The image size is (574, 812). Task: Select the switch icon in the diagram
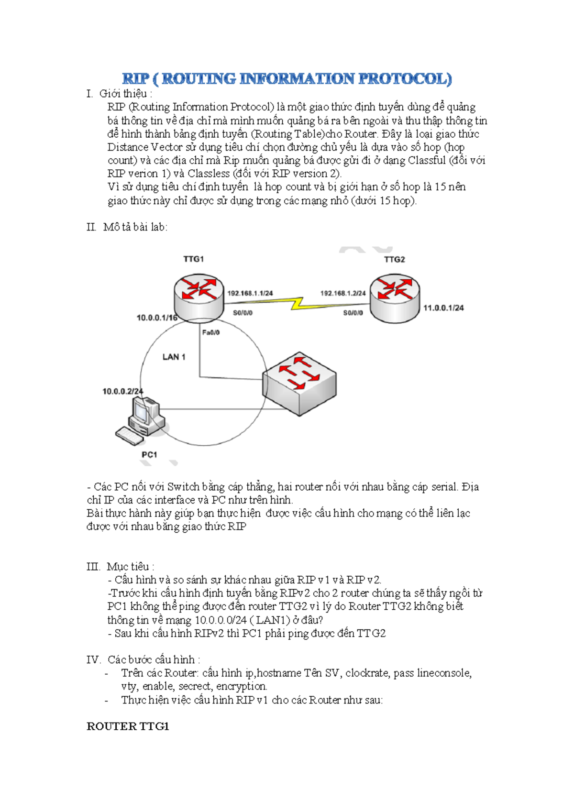click(299, 385)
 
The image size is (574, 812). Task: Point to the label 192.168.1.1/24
click(250, 293)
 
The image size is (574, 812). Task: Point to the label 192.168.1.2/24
click(343, 293)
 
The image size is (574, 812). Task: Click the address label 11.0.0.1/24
click(443, 308)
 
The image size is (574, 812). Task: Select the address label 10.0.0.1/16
click(157, 318)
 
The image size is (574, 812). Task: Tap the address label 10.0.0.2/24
click(123, 391)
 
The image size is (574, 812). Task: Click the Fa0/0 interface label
click(211, 332)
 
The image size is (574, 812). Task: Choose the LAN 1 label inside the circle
click(174, 357)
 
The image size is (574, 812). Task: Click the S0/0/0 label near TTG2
click(353, 313)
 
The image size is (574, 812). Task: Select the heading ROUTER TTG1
click(128, 726)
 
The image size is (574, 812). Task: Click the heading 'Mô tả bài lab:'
click(135, 227)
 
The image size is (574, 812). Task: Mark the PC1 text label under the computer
click(149, 454)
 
